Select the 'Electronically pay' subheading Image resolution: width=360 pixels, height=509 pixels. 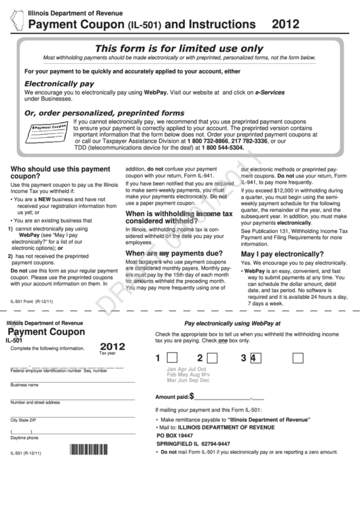[x=59, y=84]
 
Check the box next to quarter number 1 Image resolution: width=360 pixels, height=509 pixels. [x=173, y=357]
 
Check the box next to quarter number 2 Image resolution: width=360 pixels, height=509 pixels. [x=214, y=357]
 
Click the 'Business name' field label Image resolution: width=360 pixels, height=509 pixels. [x=24, y=385]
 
